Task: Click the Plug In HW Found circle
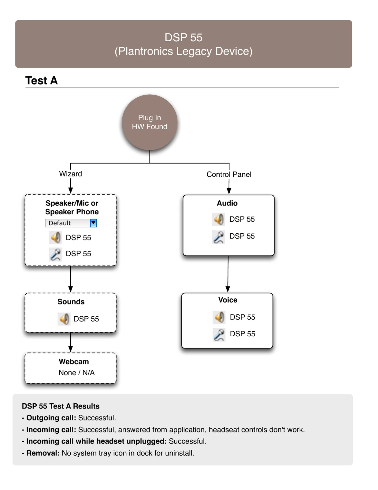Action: click(150, 122)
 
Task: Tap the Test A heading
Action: click(42, 81)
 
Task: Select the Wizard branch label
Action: click(70, 174)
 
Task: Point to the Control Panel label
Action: click(229, 174)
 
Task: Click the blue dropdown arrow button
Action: click(94, 223)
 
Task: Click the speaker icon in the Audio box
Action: click(218, 219)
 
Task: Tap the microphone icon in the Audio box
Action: click(218, 237)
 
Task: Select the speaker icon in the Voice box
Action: click(219, 317)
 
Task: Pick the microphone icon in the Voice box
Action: click(219, 335)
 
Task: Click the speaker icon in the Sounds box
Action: click(64, 319)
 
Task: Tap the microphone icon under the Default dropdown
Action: click(55, 254)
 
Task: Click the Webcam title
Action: click(74, 362)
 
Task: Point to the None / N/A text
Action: click(76, 372)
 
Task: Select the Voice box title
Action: click(228, 300)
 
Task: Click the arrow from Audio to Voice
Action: click(228, 274)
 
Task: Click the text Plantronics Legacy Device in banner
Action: click(183, 51)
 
